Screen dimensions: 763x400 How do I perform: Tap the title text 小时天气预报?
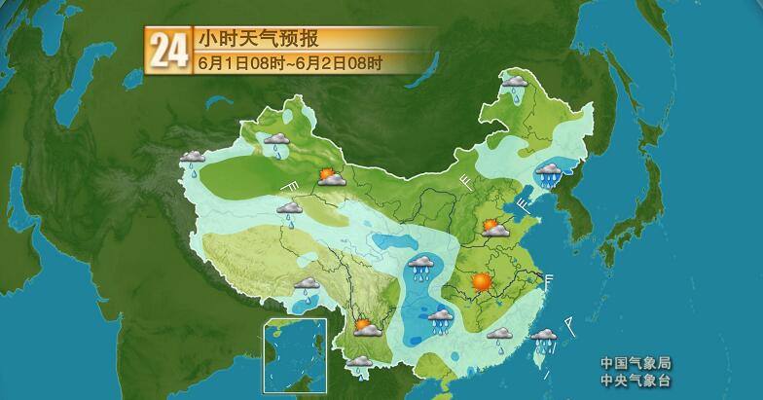tap(257, 39)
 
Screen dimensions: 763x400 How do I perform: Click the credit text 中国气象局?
tap(636, 363)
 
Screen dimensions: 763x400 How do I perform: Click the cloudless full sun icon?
tap(481, 282)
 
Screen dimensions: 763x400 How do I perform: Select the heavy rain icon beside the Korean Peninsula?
tap(550, 173)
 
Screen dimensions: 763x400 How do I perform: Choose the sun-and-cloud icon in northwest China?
tap(332, 177)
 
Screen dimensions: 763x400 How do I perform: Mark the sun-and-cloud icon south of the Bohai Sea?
tap(496, 229)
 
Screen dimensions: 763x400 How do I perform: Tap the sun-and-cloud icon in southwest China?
tap(367, 327)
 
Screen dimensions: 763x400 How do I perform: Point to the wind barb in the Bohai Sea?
tap(527, 204)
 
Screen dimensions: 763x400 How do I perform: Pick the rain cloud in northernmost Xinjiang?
tap(278, 143)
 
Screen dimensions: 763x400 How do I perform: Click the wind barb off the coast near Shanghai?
tap(550, 281)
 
